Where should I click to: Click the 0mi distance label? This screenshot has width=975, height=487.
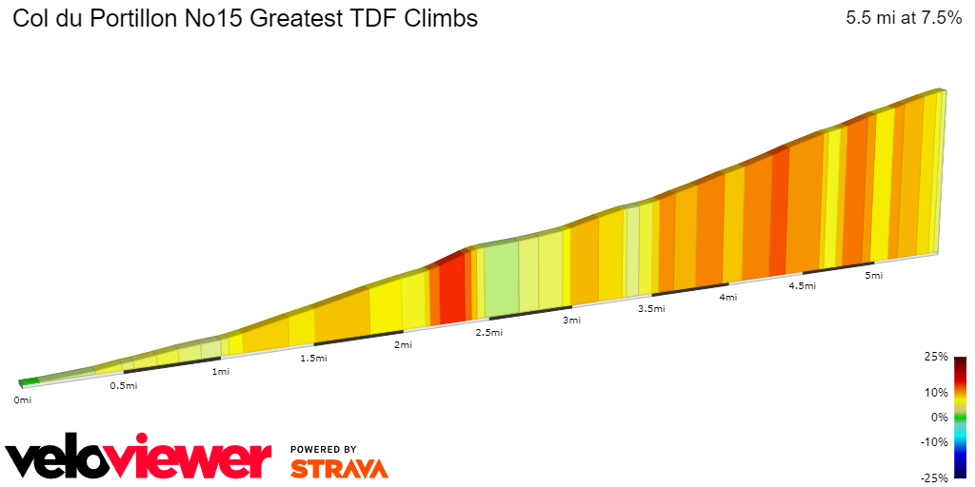coord(23,400)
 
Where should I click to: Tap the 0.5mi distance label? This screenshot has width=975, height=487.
coord(124,385)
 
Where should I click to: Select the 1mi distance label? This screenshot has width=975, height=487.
coord(221,371)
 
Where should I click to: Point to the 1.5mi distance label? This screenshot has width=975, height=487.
coord(314,359)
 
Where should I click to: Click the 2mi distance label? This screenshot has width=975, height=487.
coord(404,345)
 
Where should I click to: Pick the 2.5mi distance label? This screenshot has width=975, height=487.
coord(489,333)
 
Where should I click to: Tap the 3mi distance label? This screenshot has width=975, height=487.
coord(571,321)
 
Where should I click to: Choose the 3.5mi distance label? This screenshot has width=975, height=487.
coord(651,309)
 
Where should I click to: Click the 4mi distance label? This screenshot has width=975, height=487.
coord(728,298)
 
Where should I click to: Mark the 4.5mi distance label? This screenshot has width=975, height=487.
coord(803,286)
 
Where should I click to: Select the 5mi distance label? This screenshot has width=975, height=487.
coord(874,276)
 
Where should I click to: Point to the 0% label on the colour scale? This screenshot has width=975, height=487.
coord(940,417)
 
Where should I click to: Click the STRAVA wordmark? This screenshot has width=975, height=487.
coord(339,468)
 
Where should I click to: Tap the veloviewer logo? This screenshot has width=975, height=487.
coord(139,459)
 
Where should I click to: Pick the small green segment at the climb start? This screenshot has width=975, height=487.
coord(30,381)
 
